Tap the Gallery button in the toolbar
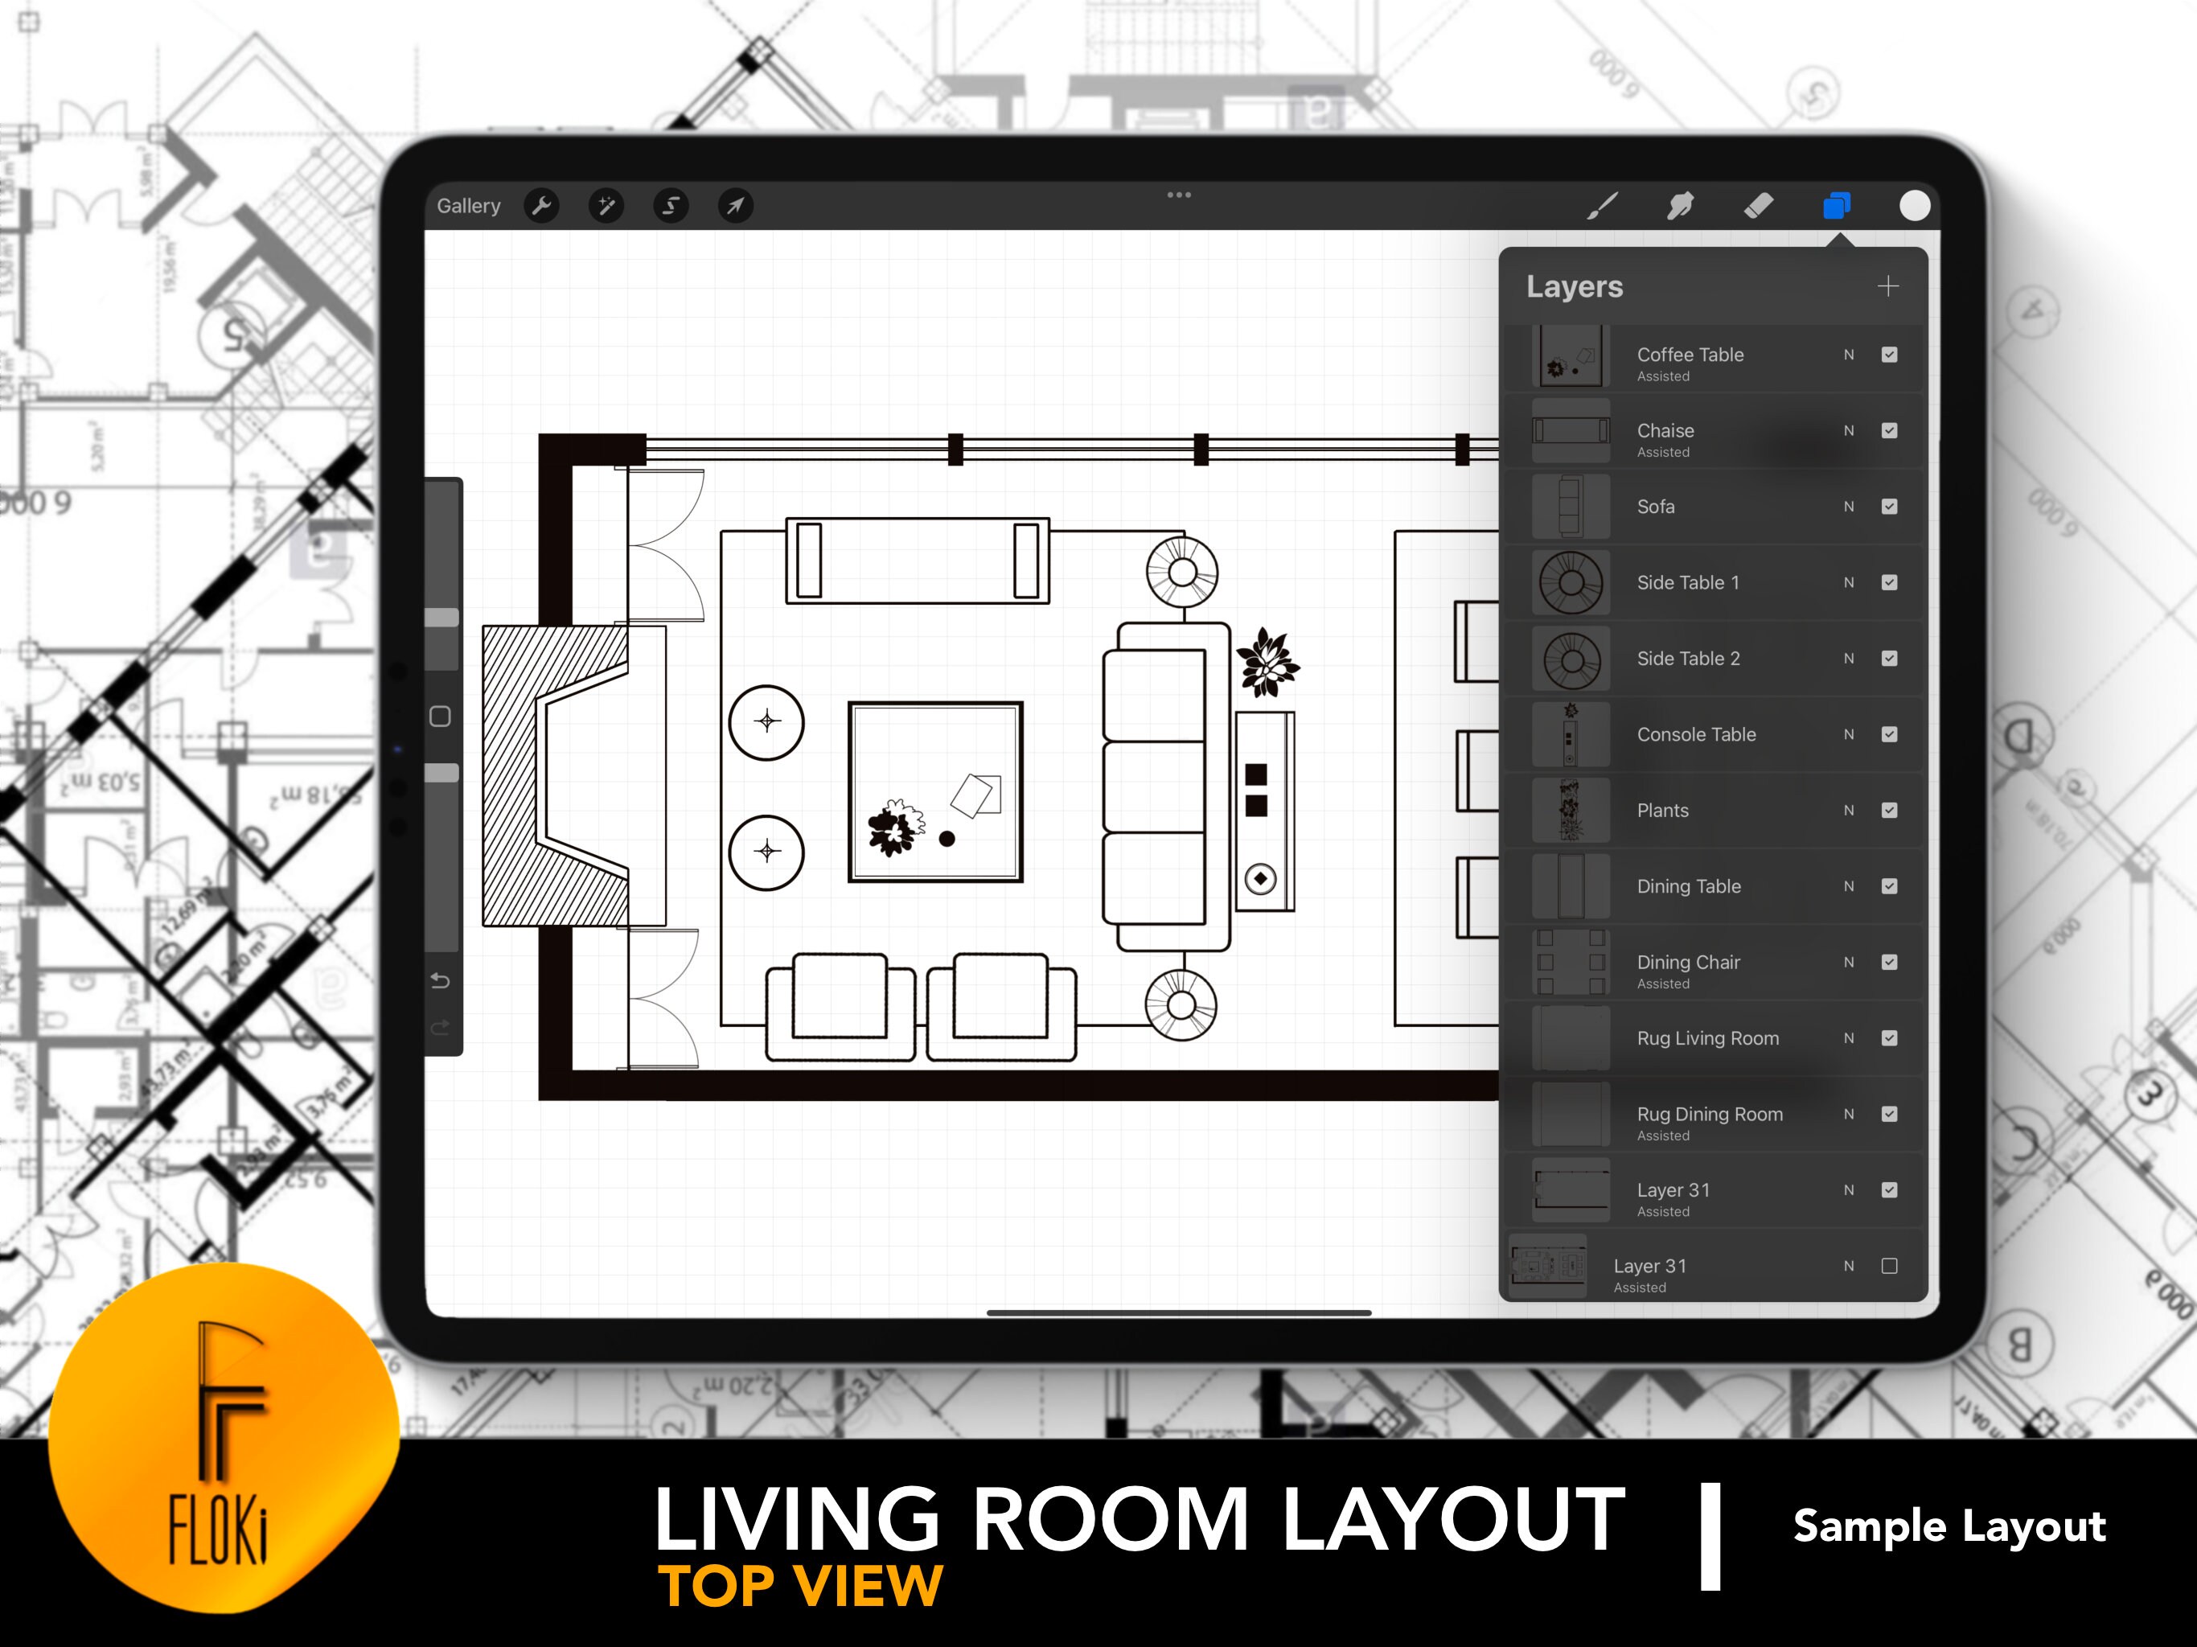point(469,206)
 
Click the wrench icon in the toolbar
point(541,206)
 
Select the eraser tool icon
point(1758,206)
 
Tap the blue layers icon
point(1837,206)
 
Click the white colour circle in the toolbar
point(1914,206)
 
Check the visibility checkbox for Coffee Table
point(1889,355)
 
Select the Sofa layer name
point(1656,507)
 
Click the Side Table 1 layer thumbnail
point(1571,582)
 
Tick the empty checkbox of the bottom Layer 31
point(1889,1266)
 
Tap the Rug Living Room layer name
point(1707,1038)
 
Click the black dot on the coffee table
point(947,840)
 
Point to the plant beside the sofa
point(1267,662)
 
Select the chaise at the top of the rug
point(918,561)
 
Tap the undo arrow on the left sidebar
point(441,981)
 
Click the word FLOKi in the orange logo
point(219,1530)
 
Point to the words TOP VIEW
point(799,1585)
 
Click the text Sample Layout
point(1949,1526)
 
